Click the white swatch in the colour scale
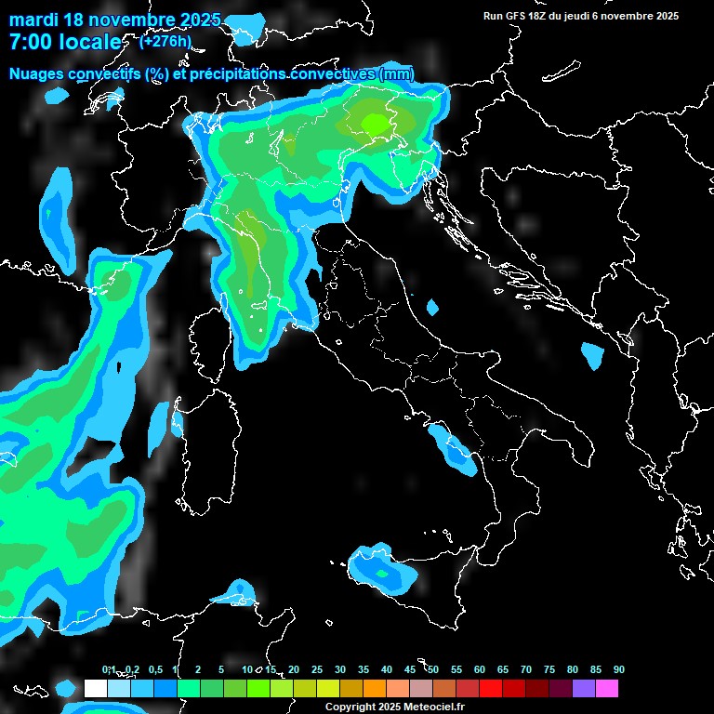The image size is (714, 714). tap(95, 688)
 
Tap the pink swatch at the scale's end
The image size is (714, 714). tap(607, 688)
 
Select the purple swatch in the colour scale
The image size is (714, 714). tap(584, 688)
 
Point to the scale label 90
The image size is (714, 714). tap(618, 670)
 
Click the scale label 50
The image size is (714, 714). tap(433, 670)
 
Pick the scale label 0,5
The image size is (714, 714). tap(154, 670)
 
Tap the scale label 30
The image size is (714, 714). tap(340, 670)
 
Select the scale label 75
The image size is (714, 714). tap(549, 670)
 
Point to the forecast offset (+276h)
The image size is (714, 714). tap(165, 41)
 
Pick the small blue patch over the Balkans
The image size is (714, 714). tap(592, 355)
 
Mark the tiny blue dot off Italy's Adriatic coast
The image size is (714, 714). tap(432, 307)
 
